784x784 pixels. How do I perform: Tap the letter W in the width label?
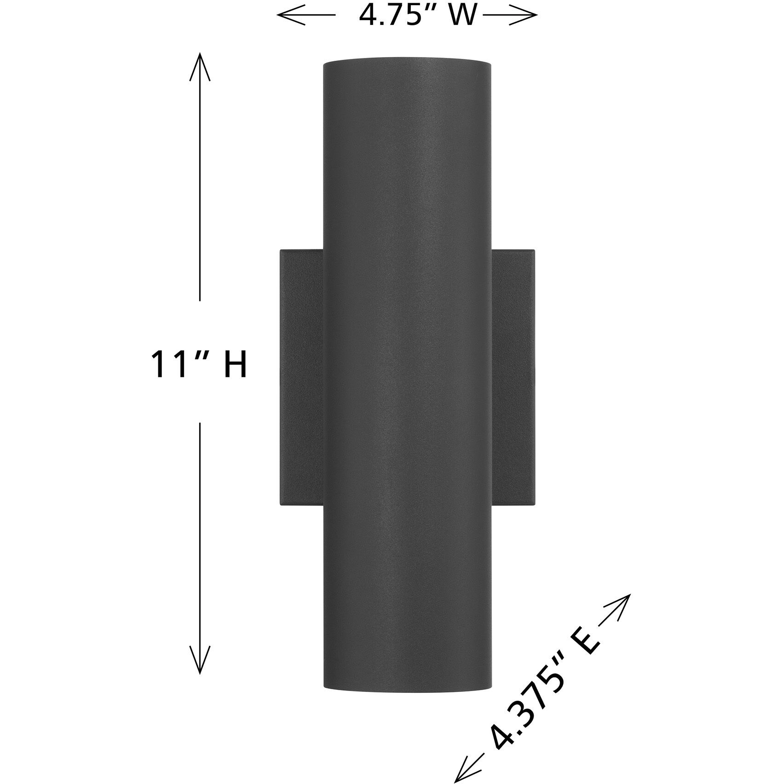(x=461, y=16)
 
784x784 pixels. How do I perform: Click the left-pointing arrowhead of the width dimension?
(x=282, y=16)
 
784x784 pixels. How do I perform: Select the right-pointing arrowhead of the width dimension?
(x=532, y=16)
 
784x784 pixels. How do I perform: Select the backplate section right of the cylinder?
(x=513, y=377)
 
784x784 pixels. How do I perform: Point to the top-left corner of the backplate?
(x=281, y=251)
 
